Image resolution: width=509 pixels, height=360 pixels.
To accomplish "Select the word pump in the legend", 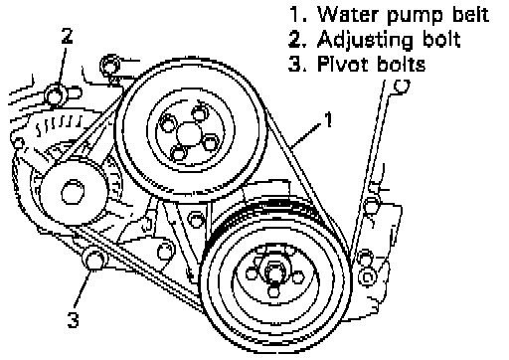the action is click(417, 17).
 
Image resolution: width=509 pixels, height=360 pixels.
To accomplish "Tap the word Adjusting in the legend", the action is click(366, 41).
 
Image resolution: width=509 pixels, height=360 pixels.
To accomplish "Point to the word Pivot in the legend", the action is click(344, 64).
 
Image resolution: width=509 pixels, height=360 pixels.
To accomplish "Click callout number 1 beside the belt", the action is click(328, 119).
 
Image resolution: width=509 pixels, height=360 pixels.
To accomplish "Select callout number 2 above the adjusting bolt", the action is click(67, 36).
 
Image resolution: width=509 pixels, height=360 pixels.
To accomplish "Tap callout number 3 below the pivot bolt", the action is click(74, 319).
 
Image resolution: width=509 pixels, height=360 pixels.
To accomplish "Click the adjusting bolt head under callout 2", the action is click(55, 95).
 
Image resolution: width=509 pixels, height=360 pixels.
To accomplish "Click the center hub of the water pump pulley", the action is click(189, 134).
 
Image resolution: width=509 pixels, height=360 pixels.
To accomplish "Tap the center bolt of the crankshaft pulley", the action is click(274, 272).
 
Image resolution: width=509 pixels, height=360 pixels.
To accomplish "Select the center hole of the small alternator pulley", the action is click(73, 192).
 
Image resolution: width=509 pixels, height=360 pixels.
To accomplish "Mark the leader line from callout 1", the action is click(305, 135).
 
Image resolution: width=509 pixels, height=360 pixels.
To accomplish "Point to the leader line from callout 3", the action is click(83, 287).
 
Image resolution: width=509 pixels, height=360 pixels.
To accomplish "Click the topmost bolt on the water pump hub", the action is click(199, 113).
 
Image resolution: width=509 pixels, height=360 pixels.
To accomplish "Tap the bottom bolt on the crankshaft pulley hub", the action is click(273, 291).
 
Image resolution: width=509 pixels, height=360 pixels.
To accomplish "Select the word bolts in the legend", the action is click(401, 64).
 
